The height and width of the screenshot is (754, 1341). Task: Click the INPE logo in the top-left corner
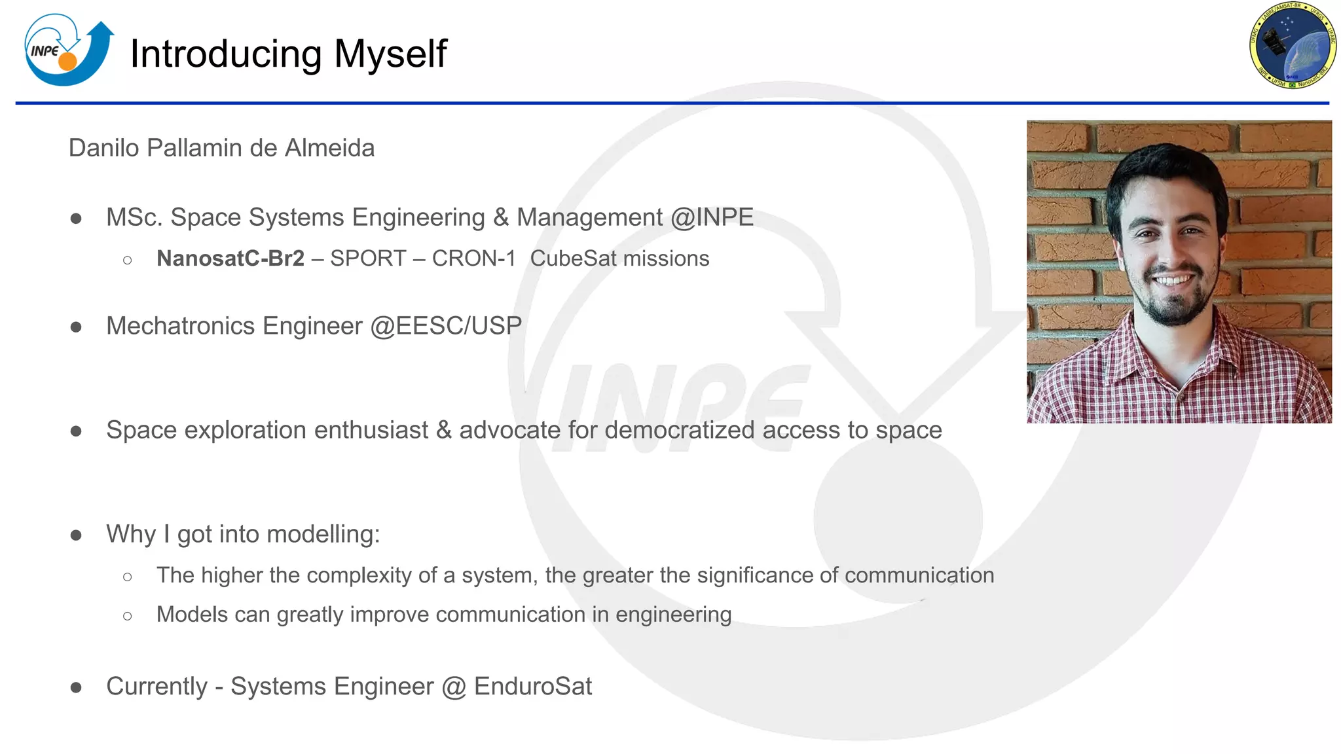point(68,51)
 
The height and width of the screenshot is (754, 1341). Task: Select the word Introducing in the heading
point(225,54)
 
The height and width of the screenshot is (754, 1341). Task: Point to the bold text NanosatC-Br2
point(230,259)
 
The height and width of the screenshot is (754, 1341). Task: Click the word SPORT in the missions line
point(368,259)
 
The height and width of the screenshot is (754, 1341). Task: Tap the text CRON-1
point(474,259)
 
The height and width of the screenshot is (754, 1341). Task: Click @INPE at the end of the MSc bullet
point(712,217)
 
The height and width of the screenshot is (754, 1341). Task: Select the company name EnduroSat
point(532,687)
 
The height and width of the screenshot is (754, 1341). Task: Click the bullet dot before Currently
point(76,687)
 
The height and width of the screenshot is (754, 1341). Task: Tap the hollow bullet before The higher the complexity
point(128,577)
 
